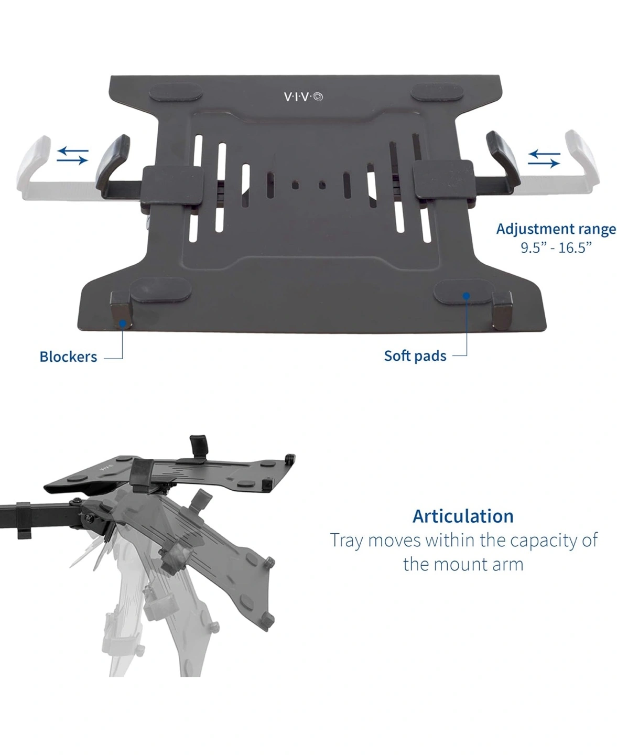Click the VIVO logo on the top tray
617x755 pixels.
pos(303,96)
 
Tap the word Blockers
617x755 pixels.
pos(68,357)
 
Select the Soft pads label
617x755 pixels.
pos(415,356)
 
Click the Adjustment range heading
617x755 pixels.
pos(556,229)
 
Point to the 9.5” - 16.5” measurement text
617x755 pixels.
pos(556,248)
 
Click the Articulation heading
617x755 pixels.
pos(463,516)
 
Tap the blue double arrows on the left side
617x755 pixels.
pos(72,155)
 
